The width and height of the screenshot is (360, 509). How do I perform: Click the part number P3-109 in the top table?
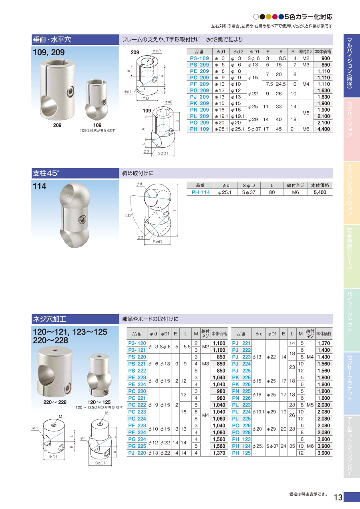pyautogui.click(x=199, y=58)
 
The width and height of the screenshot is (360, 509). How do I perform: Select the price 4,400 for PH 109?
pyautogui.click(x=324, y=129)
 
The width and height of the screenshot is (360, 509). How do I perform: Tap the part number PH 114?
pyautogui.click(x=201, y=192)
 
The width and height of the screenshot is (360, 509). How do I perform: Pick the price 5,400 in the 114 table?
pyautogui.click(x=320, y=192)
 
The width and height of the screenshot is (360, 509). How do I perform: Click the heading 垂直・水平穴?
pyautogui.click(x=52, y=40)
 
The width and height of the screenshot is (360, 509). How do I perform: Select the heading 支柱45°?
pyautogui.click(x=46, y=173)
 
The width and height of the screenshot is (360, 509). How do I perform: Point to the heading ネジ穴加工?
pyautogui.click(x=49, y=319)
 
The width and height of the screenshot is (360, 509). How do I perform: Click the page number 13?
pyautogui.click(x=338, y=497)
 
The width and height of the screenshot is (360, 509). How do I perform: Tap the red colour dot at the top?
pyautogui.click(x=275, y=17)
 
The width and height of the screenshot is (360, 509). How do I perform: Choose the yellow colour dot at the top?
pyautogui.click(x=269, y=17)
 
